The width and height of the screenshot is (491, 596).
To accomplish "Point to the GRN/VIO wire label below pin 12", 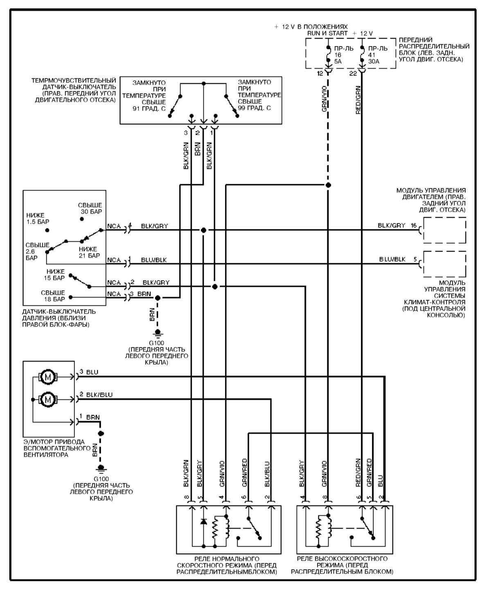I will pos(324,99).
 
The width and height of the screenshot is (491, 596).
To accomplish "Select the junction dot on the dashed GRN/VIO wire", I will pos(328,185).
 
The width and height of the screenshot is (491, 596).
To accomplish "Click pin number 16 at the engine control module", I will pos(414,226).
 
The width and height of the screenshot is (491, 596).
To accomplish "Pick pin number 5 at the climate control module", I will pos(415,260).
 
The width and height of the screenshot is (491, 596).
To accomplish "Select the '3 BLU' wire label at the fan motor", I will pos(89,372).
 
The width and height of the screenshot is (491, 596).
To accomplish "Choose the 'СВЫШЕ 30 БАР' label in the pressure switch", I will pos(90,208).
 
